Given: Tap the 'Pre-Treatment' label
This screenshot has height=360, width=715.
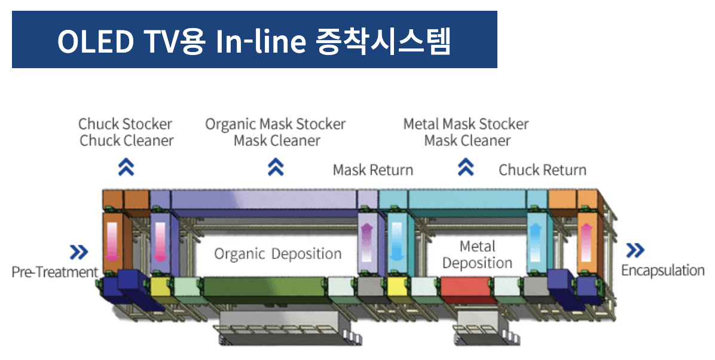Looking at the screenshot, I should click(54, 272).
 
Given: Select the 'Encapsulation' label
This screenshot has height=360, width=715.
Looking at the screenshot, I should click(662, 270).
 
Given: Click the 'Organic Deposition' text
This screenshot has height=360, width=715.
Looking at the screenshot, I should click(278, 254).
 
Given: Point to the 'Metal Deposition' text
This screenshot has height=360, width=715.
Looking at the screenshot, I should click(477, 255).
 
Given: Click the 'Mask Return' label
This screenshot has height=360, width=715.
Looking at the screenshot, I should click(372, 170).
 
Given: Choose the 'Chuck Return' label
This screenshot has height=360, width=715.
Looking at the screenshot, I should click(542, 170).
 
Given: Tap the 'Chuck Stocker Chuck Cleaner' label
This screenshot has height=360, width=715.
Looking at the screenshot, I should click(126, 132).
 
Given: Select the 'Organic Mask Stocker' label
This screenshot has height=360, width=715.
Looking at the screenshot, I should click(276, 124).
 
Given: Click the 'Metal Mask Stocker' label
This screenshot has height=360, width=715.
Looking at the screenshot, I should click(466, 124).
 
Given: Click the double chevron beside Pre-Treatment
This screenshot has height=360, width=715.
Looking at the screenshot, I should click(78, 252).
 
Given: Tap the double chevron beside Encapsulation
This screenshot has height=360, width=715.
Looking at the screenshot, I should click(634, 251).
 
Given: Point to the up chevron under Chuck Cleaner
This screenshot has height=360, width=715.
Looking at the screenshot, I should click(126, 167).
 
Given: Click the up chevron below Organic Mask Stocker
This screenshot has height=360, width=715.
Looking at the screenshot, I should click(275, 167).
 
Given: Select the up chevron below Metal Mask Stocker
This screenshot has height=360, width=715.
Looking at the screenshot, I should click(466, 167).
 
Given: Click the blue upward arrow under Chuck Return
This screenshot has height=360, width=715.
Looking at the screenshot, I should click(536, 240).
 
